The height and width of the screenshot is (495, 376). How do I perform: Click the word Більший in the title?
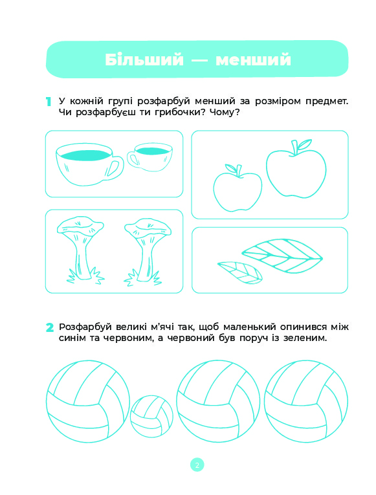[144, 60]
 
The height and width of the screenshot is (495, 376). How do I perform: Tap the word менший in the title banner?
[253, 60]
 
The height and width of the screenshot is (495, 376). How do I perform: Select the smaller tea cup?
[150, 157]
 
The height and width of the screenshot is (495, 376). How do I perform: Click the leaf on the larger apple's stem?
[305, 144]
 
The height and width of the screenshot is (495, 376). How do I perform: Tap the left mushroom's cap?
[80, 225]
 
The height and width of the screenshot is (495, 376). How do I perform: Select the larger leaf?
[282, 256]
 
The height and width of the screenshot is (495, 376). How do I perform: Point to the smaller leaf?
[240, 272]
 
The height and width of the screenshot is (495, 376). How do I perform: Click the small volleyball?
[152, 417]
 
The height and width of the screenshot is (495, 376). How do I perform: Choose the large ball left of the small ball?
[88, 401]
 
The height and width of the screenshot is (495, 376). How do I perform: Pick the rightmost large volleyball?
[306, 401]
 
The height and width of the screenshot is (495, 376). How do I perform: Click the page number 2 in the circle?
[197, 465]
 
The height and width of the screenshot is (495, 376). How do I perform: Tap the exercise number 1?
[49, 102]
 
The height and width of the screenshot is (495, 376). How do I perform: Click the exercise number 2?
[50, 327]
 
